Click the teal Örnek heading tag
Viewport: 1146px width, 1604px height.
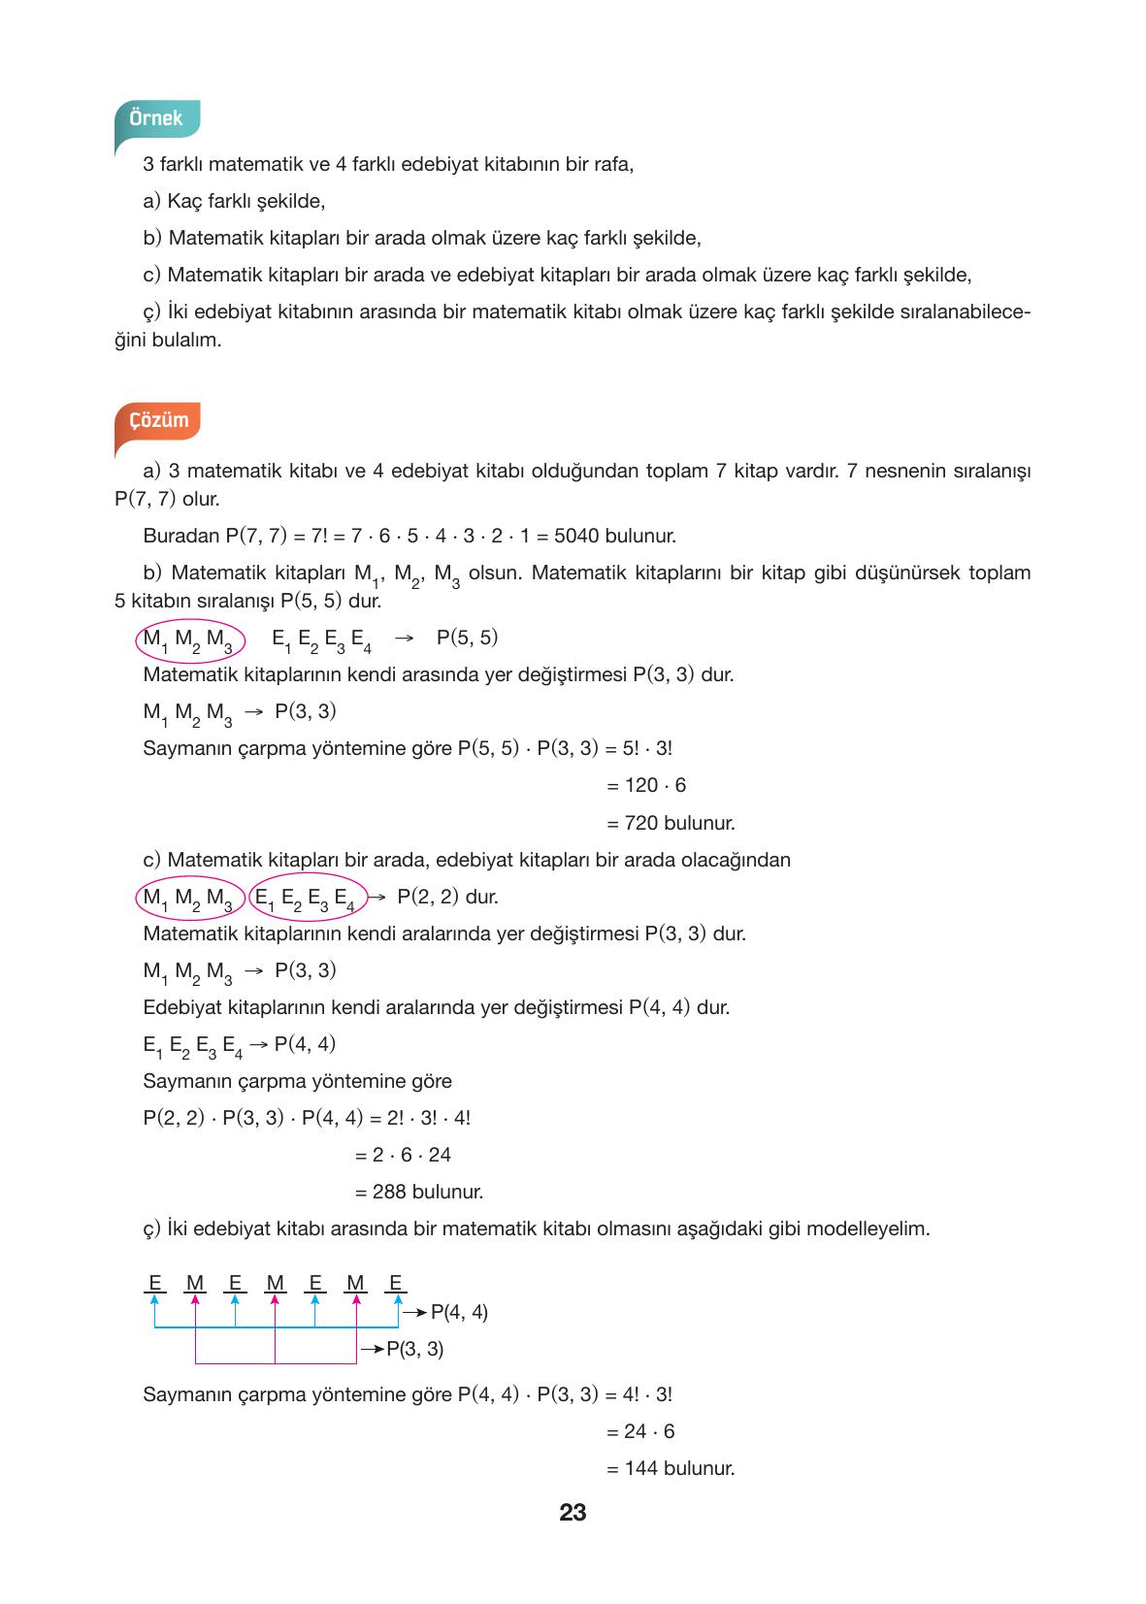[x=156, y=118]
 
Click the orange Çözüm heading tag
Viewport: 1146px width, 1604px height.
[x=158, y=421]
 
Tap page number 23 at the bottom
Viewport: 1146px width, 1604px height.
[x=573, y=1512]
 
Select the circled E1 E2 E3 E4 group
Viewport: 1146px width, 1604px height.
[x=307, y=898]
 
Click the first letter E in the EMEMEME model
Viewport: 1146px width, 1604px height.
[x=154, y=1283]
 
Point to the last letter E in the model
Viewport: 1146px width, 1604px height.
[x=395, y=1283]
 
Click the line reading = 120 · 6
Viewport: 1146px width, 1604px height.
[x=646, y=785]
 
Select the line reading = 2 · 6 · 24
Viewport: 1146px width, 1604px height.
[x=404, y=1155]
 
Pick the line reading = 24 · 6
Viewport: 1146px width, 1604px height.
[x=640, y=1431]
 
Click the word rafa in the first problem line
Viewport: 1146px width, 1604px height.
[x=614, y=164]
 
